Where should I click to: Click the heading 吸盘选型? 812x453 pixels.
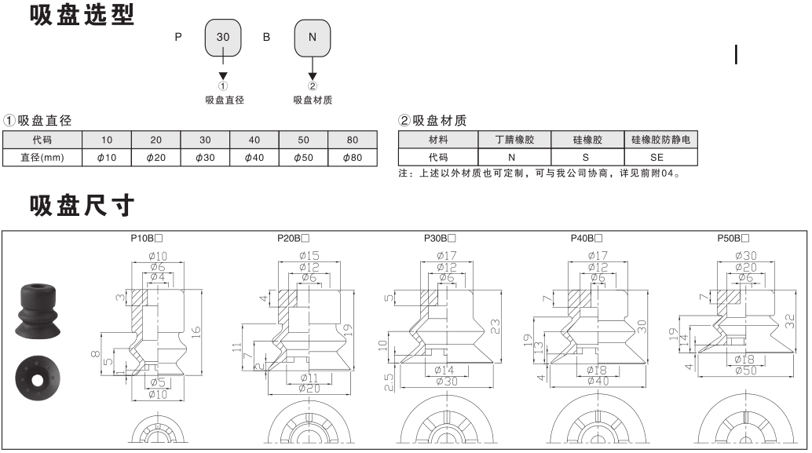82,15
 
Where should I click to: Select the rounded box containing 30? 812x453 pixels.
223,37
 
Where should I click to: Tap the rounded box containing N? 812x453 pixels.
313,37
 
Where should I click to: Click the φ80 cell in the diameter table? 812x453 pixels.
353,158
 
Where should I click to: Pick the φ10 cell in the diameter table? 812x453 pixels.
107,158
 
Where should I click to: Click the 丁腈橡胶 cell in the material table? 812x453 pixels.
514,141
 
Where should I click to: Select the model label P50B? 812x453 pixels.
733,237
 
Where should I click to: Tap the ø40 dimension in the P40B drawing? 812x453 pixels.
598,381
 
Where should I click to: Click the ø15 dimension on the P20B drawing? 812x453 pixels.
307,255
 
